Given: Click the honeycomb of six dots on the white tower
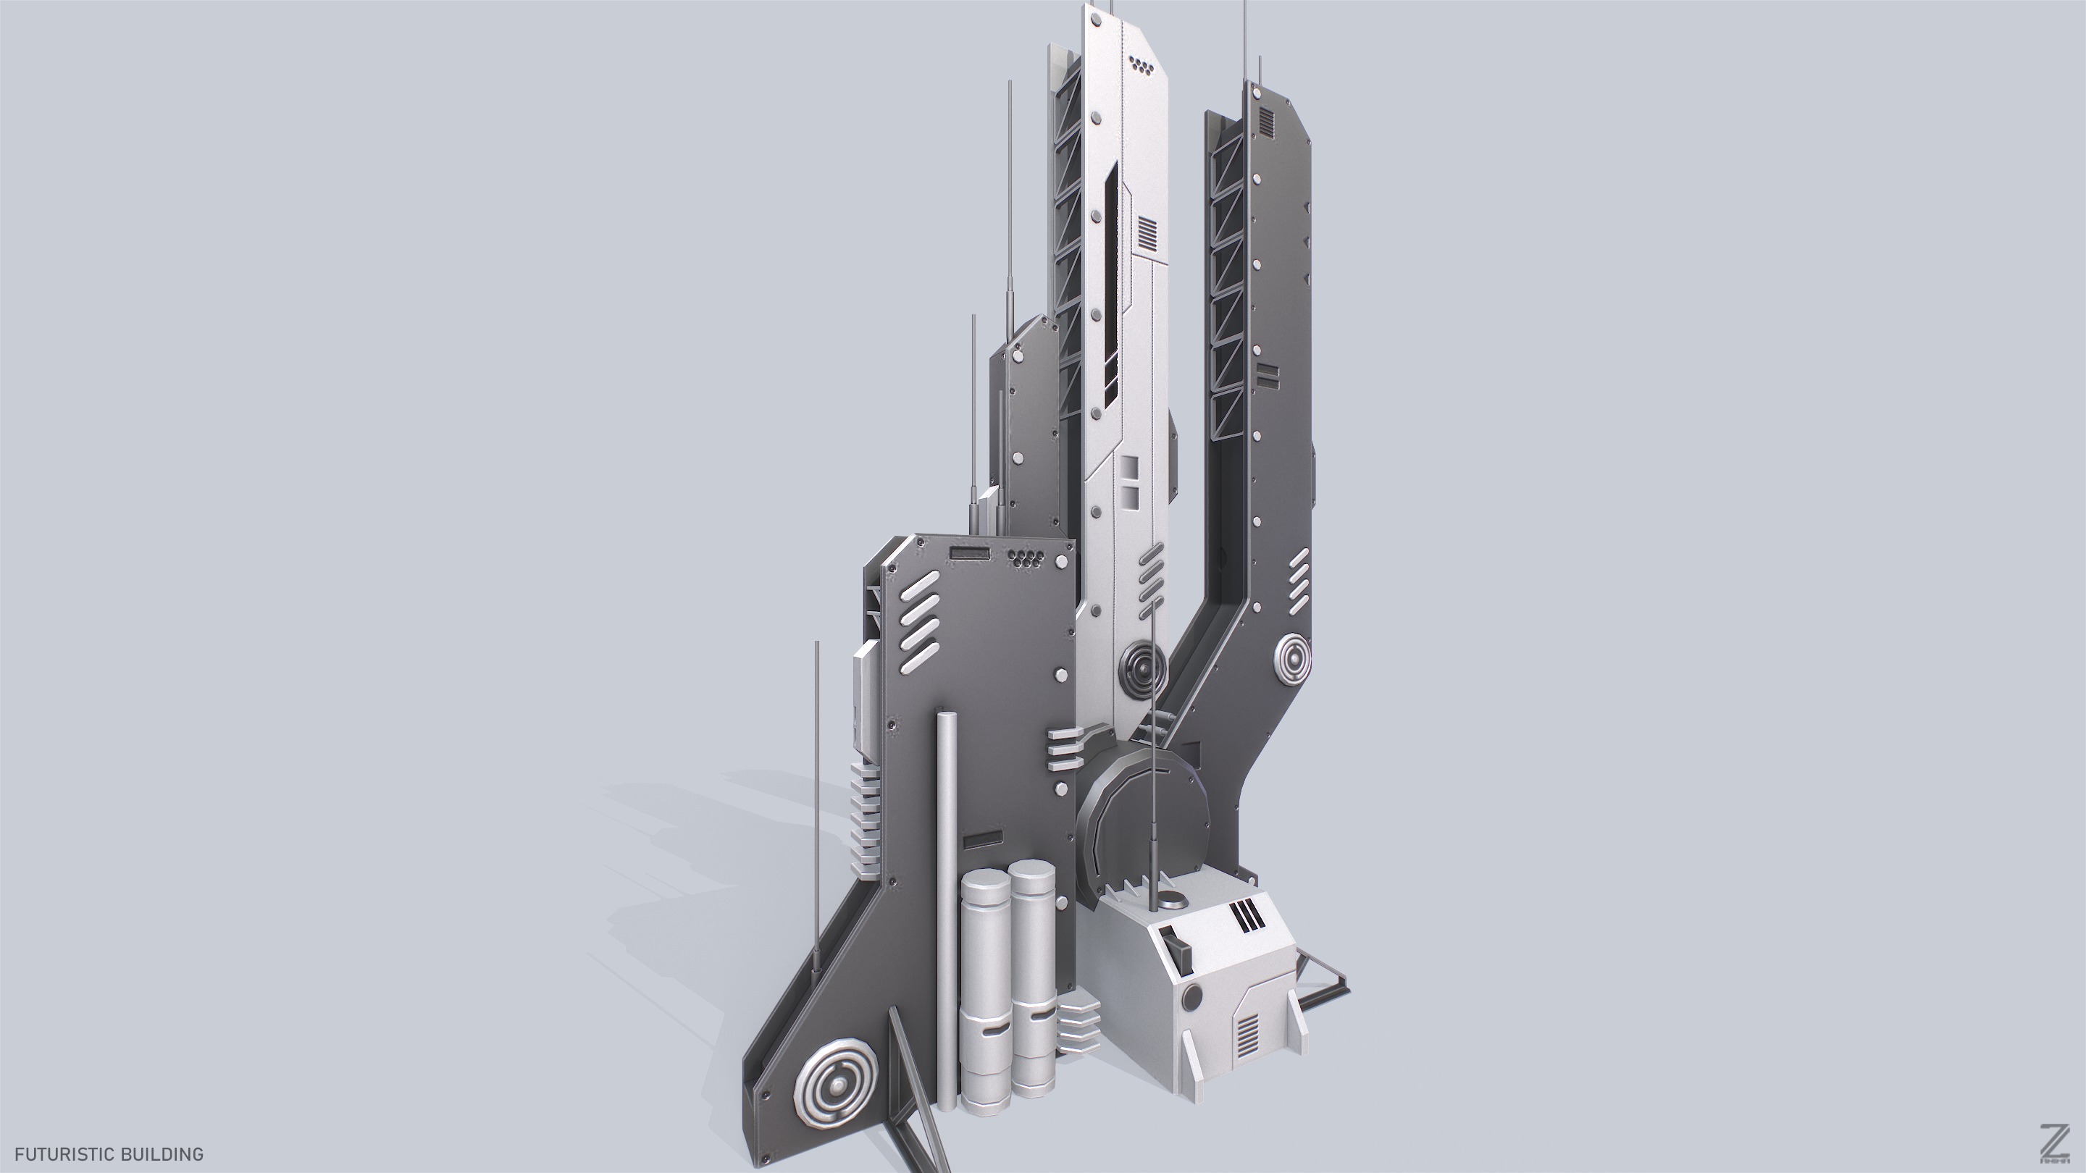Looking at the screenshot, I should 1141,66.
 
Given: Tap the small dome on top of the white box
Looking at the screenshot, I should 1173,899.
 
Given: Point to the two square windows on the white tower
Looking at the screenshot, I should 1131,479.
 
